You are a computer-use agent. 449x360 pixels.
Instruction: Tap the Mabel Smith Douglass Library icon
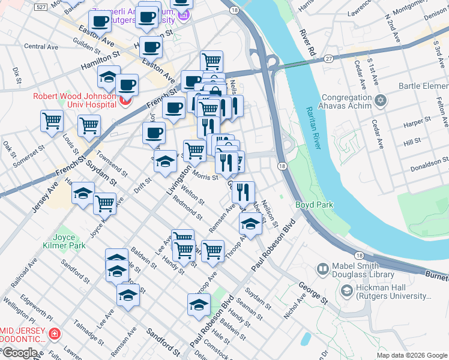click(x=322, y=268)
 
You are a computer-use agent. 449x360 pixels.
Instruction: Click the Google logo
click(x=20, y=353)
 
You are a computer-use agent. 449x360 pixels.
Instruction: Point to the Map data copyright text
click(x=411, y=355)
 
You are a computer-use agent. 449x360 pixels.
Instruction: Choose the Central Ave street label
click(x=41, y=46)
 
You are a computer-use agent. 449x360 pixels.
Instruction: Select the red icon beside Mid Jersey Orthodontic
click(x=55, y=333)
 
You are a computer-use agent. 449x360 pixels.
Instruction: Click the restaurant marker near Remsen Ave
click(x=243, y=192)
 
